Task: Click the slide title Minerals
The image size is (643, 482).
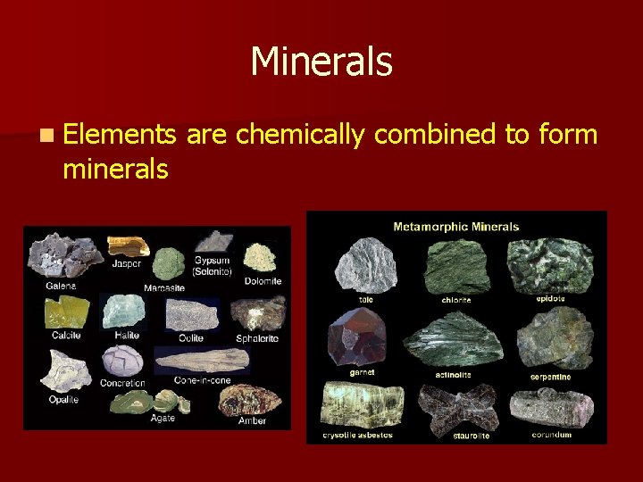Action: [x=321, y=62]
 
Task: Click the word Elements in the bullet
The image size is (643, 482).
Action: [x=121, y=135]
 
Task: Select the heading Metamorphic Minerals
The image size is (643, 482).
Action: [x=456, y=227]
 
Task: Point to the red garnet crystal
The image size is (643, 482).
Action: [x=356, y=337]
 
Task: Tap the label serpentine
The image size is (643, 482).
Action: [x=551, y=377]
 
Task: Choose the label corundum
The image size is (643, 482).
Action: [x=552, y=435]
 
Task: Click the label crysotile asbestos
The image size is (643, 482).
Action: [x=357, y=435]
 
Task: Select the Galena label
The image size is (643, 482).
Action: [x=61, y=286]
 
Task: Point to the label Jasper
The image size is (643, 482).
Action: [x=128, y=263]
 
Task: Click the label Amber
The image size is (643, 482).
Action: [x=252, y=420]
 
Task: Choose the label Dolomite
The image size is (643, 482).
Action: [x=263, y=281]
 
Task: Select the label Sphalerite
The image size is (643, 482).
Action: [x=258, y=338]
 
